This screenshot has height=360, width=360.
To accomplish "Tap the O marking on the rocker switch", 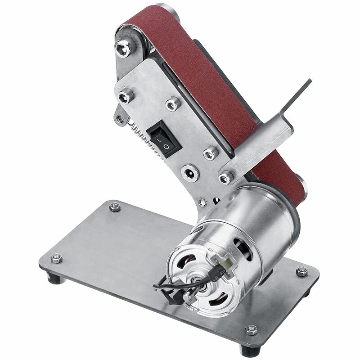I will [166, 146].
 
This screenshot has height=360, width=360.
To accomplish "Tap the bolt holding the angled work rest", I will [225, 177].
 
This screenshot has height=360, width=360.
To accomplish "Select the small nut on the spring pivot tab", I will [119, 119].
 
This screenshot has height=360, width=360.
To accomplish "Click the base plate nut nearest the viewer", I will [251, 330].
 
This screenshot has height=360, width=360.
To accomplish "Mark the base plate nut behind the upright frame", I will [115, 207].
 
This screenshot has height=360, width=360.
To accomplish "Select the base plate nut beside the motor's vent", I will [301, 271].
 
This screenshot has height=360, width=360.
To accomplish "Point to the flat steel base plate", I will [112, 261].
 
